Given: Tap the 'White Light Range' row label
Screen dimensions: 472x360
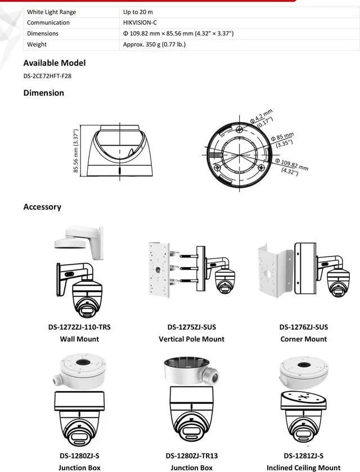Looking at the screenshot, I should coord(51,12).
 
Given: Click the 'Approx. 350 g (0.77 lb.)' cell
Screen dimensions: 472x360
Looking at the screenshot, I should coord(154,44).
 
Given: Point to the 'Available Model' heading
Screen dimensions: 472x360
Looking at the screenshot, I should coord(54,63).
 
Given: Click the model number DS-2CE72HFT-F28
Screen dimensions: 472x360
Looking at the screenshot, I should coord(47,76).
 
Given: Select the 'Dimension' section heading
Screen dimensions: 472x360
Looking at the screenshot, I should coord(43,93).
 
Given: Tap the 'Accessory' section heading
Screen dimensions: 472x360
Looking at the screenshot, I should coord(42,207).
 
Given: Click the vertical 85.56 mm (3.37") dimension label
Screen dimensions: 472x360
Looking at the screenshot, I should coord(76,152).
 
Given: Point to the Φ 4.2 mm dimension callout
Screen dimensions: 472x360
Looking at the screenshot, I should coord(262,118).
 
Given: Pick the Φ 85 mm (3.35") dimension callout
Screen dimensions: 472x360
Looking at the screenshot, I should coord(283,140).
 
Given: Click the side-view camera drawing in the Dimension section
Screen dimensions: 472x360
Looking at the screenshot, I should coord(119,151).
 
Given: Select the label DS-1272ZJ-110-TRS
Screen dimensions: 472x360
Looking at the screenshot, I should coord(79,327).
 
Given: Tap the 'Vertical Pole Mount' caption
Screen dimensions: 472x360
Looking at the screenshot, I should coord(191,339).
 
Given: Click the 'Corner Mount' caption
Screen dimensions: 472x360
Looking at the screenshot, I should coord(303,339).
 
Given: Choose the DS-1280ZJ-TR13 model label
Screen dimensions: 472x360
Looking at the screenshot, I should coord(191,456).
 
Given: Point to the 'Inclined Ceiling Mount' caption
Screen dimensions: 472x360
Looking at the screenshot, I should coord(303,467).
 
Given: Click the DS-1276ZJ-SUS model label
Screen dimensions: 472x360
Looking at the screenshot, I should coord(303,327).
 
